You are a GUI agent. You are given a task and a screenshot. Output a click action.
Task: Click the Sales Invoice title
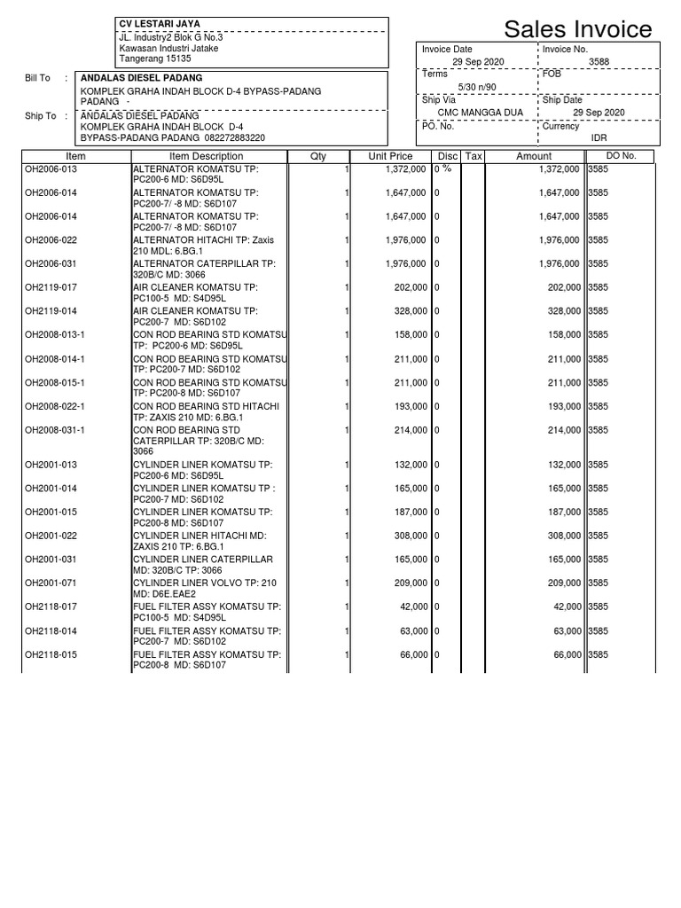click(577, 29)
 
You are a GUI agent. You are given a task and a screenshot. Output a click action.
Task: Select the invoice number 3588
click(599, 62)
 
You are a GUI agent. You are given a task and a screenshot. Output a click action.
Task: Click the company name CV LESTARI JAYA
click(160, 24)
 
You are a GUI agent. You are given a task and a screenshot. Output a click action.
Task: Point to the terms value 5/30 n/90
click(477, 87)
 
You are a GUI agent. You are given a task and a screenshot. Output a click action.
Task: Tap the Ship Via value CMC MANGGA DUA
click(480, 113)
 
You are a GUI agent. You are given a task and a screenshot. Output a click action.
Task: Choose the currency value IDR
click(599, 138)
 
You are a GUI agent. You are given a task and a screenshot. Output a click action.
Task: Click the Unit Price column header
click(390, 157)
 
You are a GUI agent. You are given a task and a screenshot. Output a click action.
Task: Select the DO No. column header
click(621, 157)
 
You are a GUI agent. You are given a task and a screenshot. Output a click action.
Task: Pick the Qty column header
click(318, 157)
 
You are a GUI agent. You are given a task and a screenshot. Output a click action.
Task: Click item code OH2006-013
click(51, 168)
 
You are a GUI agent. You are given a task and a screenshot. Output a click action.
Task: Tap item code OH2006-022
click(51, 240)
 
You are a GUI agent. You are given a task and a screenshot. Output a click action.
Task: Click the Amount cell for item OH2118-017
click(563, 607)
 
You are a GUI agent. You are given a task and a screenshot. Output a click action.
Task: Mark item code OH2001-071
click(51, 583)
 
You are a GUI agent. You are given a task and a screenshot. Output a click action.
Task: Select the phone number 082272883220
click(229, 138)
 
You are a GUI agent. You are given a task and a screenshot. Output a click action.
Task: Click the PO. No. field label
click(438, 126)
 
